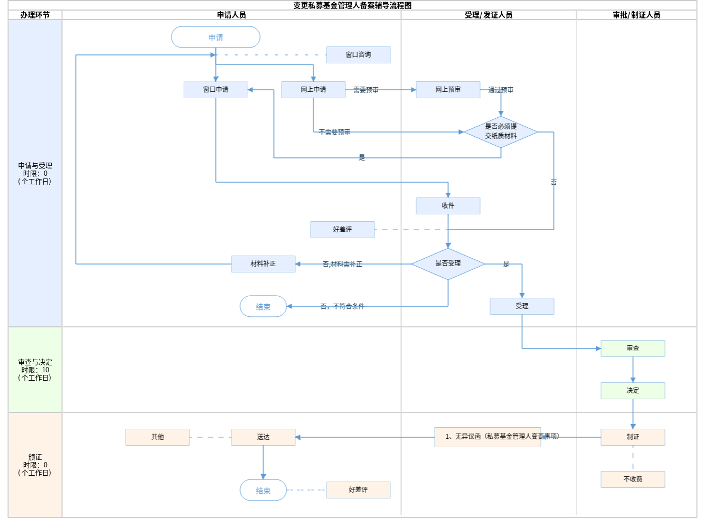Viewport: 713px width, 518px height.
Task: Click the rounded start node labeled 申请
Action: (215, 37)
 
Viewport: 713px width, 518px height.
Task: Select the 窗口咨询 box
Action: (358, 55)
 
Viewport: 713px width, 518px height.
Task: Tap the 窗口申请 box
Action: (215, 90)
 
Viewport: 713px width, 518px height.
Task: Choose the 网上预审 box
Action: (448, 90)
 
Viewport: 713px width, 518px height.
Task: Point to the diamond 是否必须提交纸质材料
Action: (501, 131)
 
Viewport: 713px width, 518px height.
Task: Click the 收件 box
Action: (448, 206)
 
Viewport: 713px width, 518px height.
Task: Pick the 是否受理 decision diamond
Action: (448, 263)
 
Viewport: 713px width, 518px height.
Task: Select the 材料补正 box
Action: (263, 264)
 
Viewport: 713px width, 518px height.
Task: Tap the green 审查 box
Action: (633, 349)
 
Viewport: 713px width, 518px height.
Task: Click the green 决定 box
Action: (633, 391)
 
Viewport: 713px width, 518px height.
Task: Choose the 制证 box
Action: (633, 437)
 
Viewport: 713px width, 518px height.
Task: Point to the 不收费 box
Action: (633, 479)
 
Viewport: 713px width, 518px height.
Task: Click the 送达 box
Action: (263, 437)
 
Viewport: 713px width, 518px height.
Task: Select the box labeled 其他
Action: (157, 437)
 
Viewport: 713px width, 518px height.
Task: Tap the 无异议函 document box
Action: (487, 437)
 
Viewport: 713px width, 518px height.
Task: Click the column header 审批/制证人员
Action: (636, 15)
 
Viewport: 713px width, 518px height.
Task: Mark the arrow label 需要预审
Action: (365, 90)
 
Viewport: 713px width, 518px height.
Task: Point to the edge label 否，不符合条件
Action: (342, 306)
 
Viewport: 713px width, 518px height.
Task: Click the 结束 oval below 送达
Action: (263, 490)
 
